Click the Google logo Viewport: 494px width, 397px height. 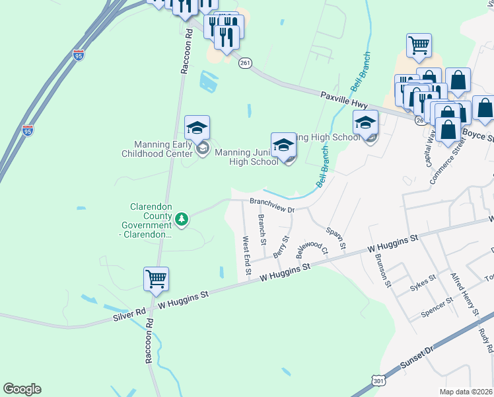click(x=22, y=389)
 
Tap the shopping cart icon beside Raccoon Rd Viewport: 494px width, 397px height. click(x=156, y=279)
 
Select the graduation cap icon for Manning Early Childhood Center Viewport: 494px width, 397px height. click(x=197, y=128)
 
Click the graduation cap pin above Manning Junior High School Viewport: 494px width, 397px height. click(x=283, y=144)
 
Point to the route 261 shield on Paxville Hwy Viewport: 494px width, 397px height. click(x=246, y=63)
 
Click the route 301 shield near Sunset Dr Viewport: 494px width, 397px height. click(x=378, y=381)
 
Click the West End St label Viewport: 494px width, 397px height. click(x=248, y=255)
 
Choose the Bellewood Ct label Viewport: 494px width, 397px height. click(x=312, y=243)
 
